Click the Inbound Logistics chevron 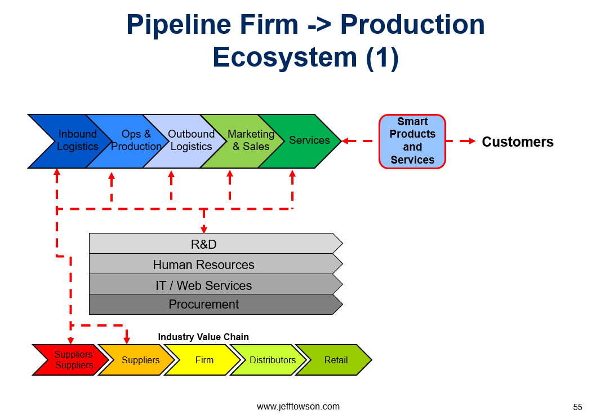point(76,141)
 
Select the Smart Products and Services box point(412,141)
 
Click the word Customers point(518,142)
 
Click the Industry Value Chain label point(203,337)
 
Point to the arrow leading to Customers point(461,141)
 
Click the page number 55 point(578,407)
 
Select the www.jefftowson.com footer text point(299,407)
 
